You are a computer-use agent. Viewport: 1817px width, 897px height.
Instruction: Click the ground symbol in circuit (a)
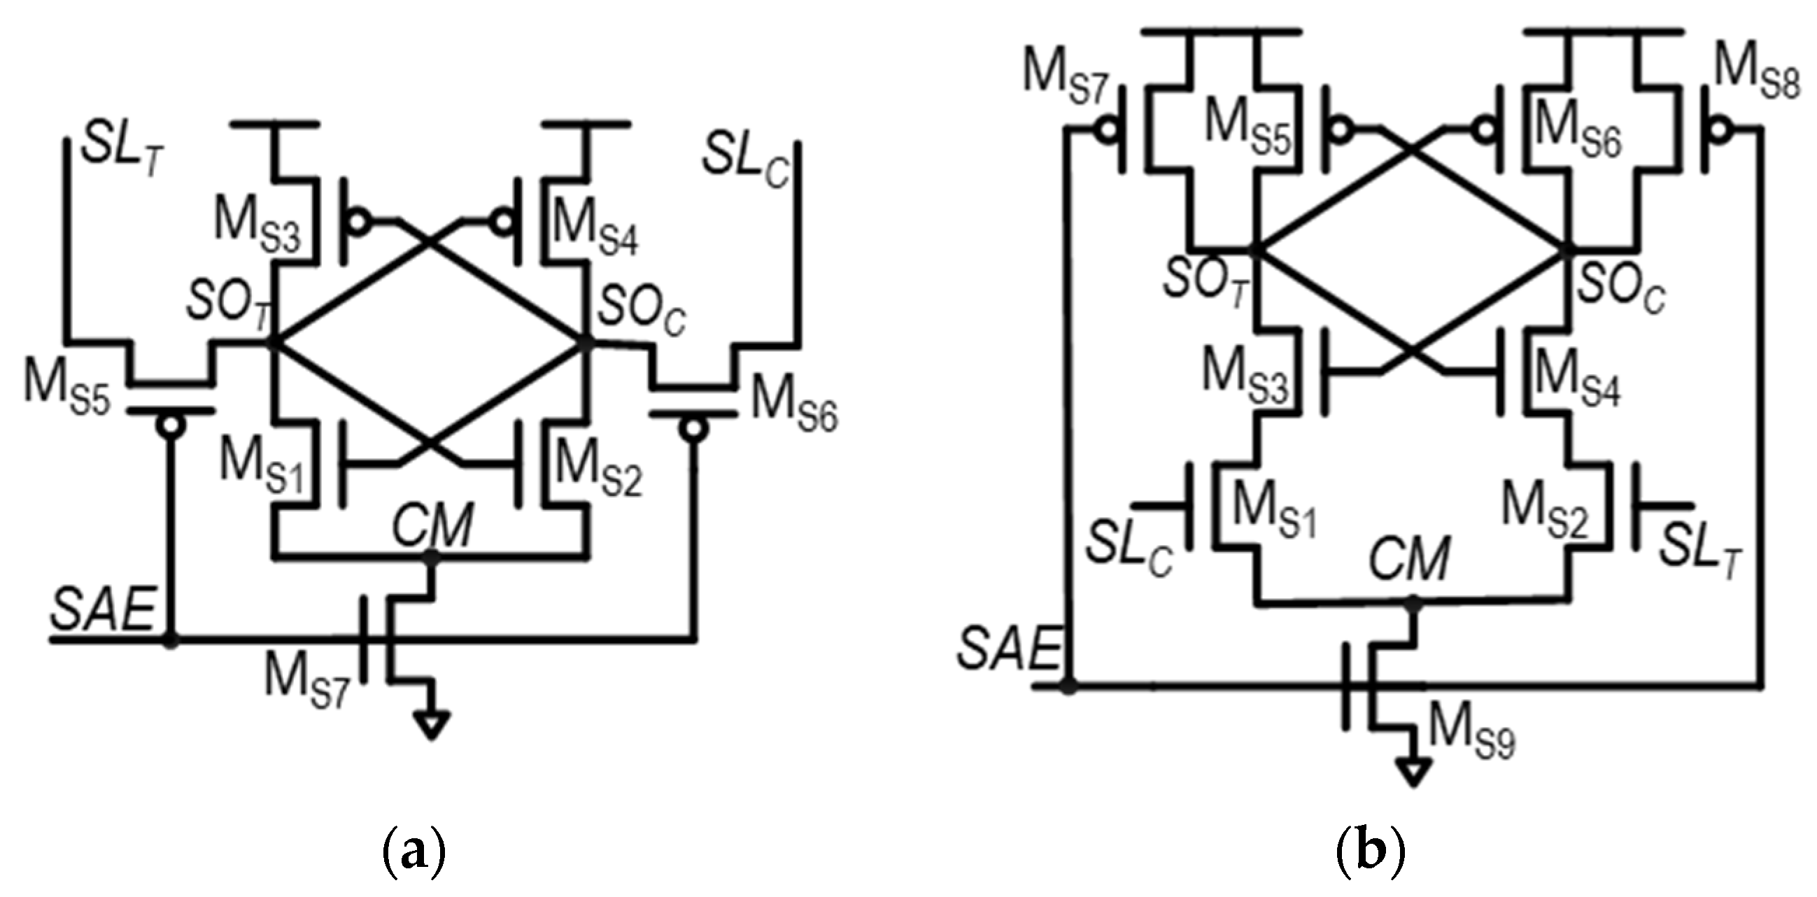click(x=432, y=726)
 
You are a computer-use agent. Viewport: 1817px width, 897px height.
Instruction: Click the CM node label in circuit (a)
click(x=432, y=525)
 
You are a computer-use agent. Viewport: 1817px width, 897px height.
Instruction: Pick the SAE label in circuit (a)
click(x=103, y=611)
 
